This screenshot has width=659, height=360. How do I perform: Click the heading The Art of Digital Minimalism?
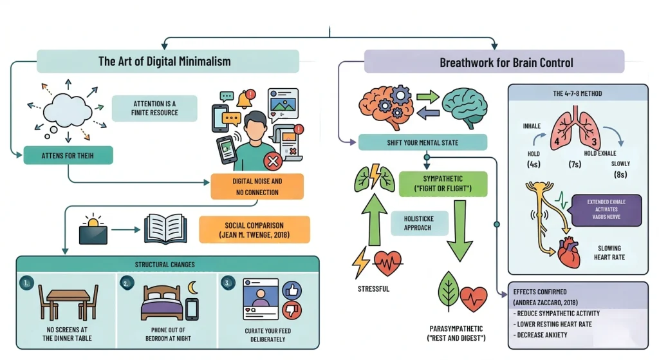(164, 62)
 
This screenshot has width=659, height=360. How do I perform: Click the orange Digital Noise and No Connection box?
(257, 187)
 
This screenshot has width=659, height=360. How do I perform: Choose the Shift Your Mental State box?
(422, 142)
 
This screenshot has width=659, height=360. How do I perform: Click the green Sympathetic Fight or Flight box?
(443, 183)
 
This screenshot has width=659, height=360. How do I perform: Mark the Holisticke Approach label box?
(418, 223)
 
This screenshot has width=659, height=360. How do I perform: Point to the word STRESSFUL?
(373, 289)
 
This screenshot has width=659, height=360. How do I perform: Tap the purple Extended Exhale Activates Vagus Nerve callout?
(606, 210)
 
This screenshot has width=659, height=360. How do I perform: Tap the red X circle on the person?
(273, 161)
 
